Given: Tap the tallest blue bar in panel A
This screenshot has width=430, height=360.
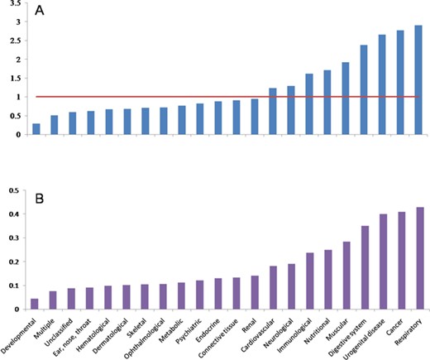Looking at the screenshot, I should (418, 79).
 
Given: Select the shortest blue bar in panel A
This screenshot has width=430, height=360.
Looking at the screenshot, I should (36, 129).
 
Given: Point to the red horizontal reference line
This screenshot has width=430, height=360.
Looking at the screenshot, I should (223, 97).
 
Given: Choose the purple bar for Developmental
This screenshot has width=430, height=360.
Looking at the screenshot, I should (36, 304).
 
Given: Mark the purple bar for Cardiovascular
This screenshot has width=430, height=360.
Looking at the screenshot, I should (273, 287).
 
